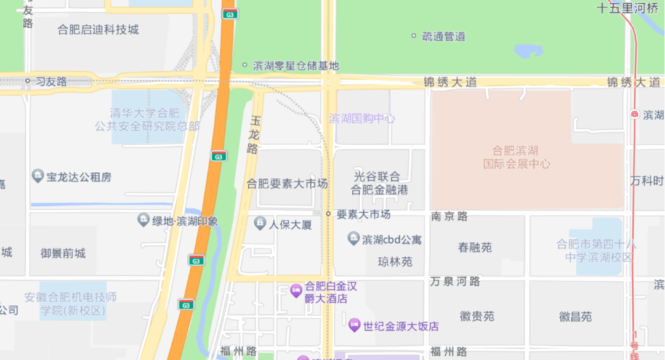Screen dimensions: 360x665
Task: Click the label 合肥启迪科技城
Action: (98, 30)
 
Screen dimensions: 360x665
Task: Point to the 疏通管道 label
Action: (443, 36)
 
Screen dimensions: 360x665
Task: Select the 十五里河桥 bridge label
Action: (627, 8)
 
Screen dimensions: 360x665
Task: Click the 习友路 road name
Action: (51, 81)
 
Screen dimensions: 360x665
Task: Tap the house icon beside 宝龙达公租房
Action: (38, 177)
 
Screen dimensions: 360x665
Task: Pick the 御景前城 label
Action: (63, 253)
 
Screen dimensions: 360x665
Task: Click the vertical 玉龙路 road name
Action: (252, 137)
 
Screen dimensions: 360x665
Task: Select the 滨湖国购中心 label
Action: (362, 118)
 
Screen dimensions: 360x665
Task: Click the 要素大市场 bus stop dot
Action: (329, 214)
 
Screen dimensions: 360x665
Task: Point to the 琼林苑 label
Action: (395, 262)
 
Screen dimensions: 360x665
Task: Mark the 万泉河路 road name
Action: (455, 281)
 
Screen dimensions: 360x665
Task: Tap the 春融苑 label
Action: (475, 247)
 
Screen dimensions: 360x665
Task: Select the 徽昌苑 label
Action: (575, 316)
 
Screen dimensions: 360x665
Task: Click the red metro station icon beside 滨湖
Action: (634, 114)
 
